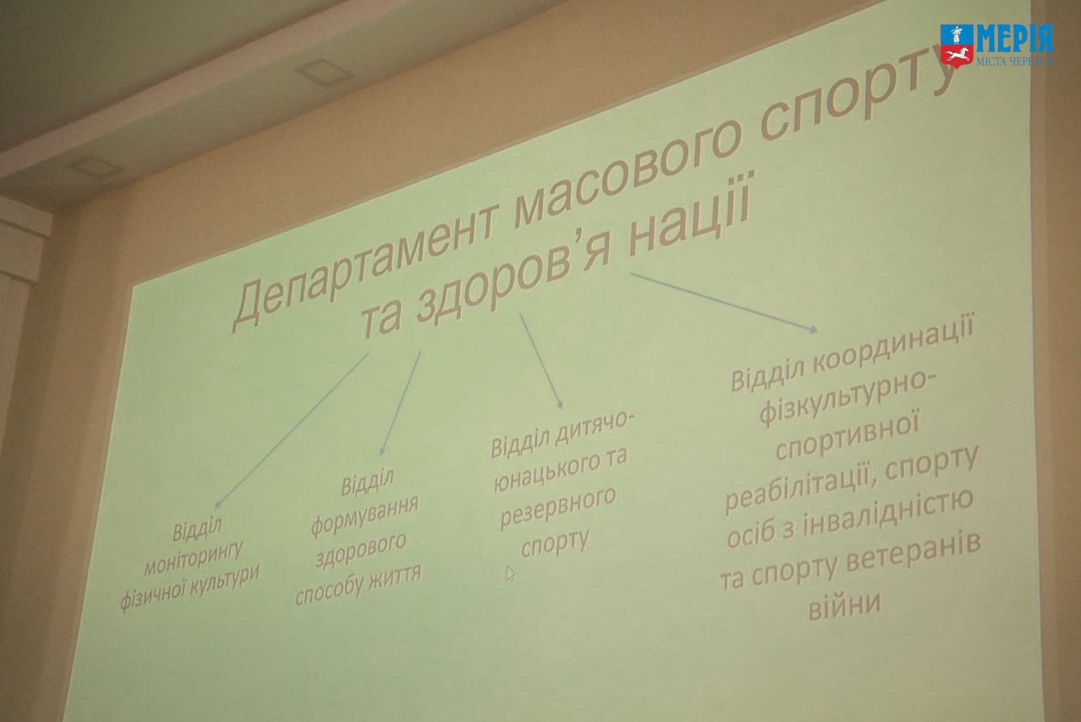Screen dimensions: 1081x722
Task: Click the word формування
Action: pyautogui.click(x=364, y=516)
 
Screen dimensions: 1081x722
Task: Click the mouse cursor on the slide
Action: pyautogui.click(x=510, y=574)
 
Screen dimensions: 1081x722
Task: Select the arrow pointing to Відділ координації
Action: pyautogui.click(x=724, y=303)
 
